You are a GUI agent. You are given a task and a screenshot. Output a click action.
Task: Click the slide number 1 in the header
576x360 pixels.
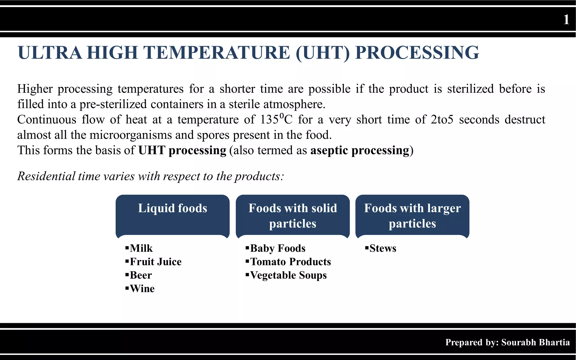(x=566, y=20)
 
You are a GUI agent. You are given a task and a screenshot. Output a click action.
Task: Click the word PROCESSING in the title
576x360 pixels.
(x=417, y=53)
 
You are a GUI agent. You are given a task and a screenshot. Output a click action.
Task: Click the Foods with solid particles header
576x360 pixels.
(x=292, y=216)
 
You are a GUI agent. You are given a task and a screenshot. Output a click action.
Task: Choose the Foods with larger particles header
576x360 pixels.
(x=412, y=216)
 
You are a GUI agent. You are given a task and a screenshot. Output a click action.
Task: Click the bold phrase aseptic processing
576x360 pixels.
(x=360, y=150)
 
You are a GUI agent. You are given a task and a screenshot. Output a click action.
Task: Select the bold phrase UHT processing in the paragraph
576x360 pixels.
(x=182, y=150)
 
